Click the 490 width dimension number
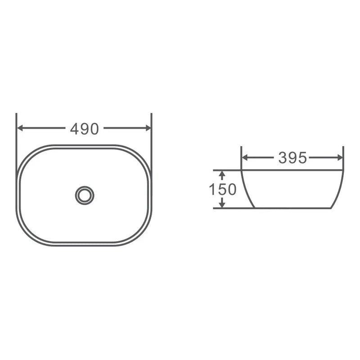(x=84, y=129)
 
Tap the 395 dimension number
(x=292, y=158)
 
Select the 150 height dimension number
(x=222, y=189)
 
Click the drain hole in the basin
(x=85, y=195)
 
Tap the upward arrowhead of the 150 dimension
(x=221, y=173)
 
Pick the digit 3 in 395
(x=283, y=158)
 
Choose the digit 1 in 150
(x=211, y=189)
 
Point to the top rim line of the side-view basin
(x=292, y=171)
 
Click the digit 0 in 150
(x=231, y=189)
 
